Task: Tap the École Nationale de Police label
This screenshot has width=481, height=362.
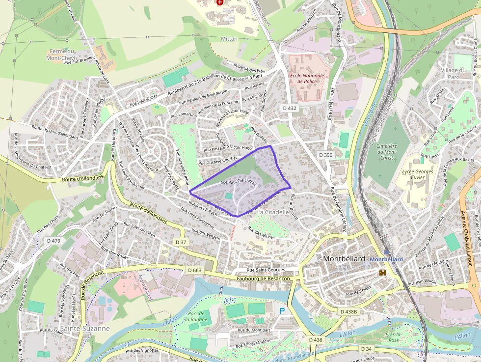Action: [x=307, y=78]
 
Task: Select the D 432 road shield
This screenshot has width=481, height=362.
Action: [x=290, y=108]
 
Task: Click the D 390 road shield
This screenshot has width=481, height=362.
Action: [x=325, y=155]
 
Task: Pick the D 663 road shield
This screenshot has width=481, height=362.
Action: [x=195, y=270]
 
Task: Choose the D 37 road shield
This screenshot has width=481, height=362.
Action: [x=181, y=242]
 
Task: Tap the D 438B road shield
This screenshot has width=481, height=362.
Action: [x=349, y=311]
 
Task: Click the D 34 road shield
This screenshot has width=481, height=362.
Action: [x=366, y=349]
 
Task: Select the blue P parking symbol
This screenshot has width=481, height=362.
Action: [x=282, y=311]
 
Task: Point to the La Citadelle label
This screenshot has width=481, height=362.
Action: [x=273, y=212]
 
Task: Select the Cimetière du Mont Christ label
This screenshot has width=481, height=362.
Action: [x=387, y=152]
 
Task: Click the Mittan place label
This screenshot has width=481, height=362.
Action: [x=229, y=39]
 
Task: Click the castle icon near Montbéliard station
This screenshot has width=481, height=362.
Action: [x=382, y=272]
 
